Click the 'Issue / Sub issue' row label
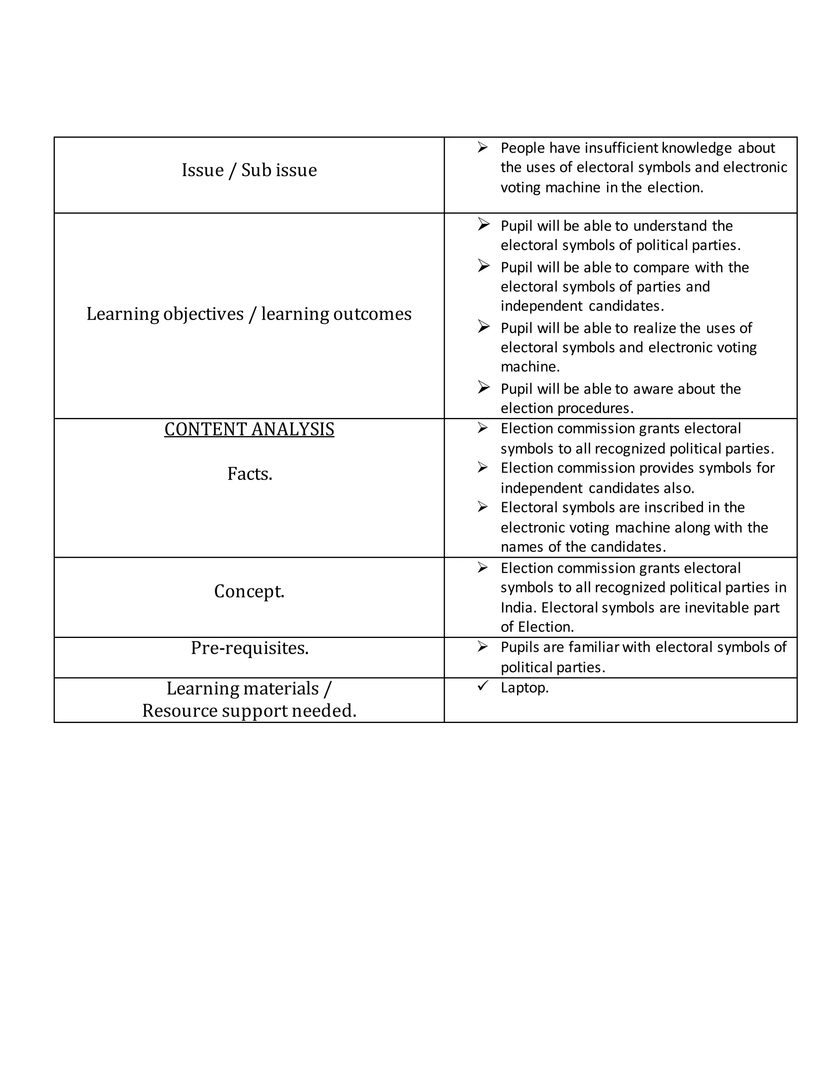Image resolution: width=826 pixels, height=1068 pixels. click(x=249, y=170)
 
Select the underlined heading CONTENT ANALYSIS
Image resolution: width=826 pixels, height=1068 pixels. click(x=249, y=429)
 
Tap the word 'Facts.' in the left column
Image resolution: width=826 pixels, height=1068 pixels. click(x=250, y=474)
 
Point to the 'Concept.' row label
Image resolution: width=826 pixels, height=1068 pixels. click(x=249, y=591)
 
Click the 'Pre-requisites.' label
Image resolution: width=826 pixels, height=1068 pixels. click(x=250, y=648)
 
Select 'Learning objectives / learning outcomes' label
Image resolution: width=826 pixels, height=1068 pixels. click(x=249, y=314)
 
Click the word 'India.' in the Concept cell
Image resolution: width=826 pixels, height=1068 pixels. click(x=518, y=607)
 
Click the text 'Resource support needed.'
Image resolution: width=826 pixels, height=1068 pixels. click(x=249, y=711)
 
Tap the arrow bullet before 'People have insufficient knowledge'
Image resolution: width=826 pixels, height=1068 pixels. click(x=482, y=147)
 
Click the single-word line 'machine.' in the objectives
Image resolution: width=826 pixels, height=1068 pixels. click(x=530, y=366)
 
